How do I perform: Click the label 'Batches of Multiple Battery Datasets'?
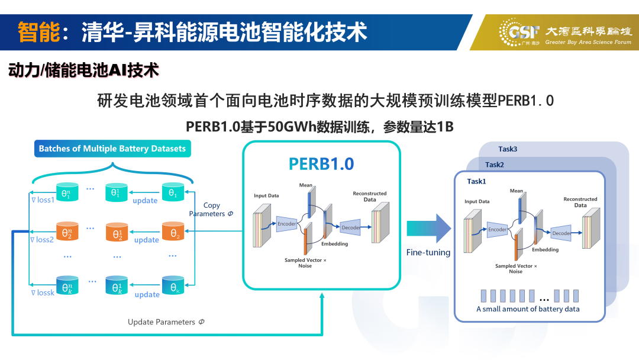tap(112, 149)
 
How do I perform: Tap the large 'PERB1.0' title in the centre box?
tap(321, 163)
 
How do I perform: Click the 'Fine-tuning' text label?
tap(428, 253)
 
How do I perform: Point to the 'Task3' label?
tap(508, 149)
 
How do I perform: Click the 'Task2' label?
tap(495, 165)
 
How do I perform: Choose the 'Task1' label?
tap(476, 181)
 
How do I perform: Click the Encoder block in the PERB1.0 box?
tap(287, 224)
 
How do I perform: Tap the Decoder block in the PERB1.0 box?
tap(350, 227)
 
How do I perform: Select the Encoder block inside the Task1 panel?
tap(497, 230)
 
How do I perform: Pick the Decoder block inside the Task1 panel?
tap(561, 233)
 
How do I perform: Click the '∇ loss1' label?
tap(43, 200)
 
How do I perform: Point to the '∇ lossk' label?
tap(43, 292)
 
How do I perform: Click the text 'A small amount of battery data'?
tap(528, 309)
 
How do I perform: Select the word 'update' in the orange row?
tap(147, 240)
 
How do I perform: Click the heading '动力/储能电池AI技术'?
tap(83, 70)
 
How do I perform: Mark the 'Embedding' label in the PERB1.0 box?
tap(334, 244)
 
